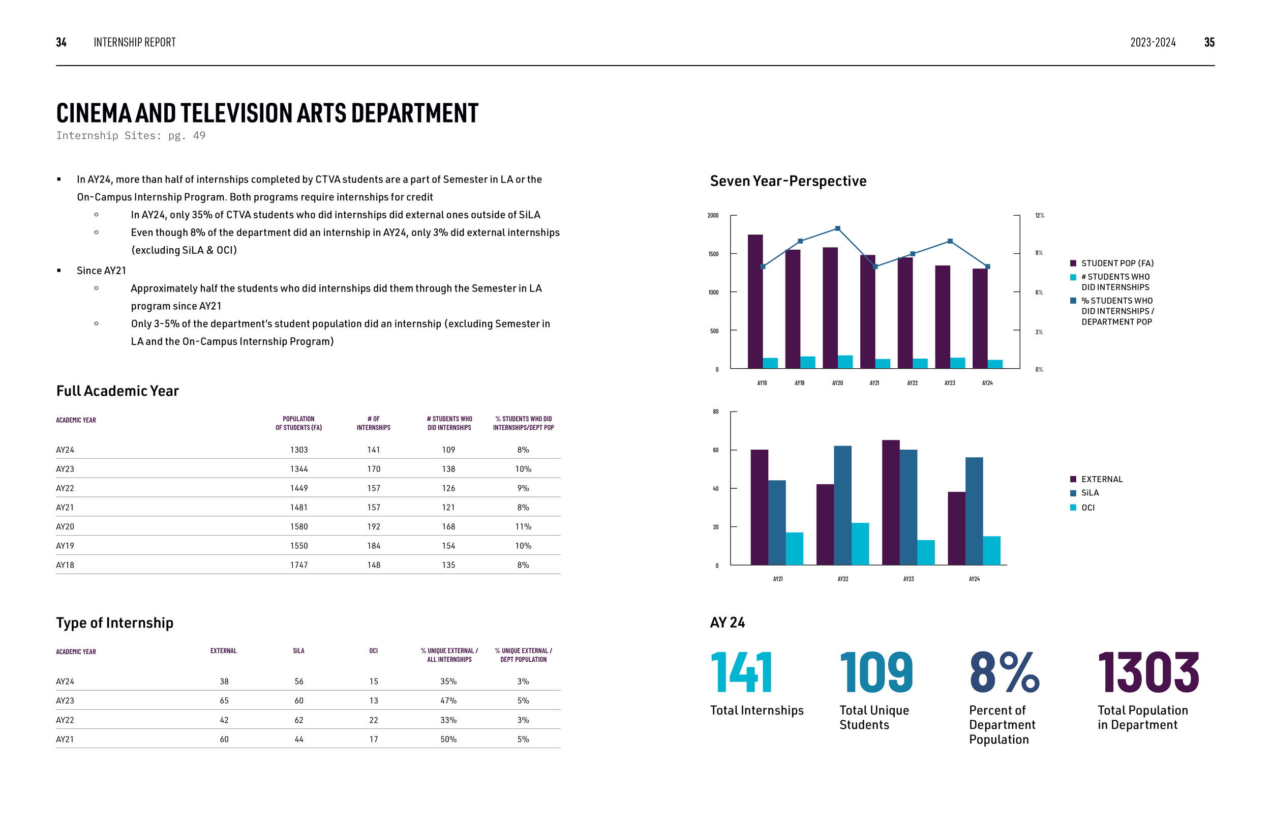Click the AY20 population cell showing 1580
pos(298,526)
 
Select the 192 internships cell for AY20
pos(373,526)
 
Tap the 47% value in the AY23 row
pos(448,700)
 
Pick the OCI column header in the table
pos(373,651)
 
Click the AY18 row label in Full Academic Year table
pos(65,565)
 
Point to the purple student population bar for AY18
pos(754,302)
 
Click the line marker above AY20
pos(837,229)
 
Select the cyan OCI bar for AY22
pos(860,544)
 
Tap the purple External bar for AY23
pos(890,503)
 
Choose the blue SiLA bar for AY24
pos(974,511)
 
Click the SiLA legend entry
pos(1089,493)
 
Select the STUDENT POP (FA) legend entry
pos(1116,263)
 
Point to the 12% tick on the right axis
pos(1039,215)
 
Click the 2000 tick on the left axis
pos(712,215)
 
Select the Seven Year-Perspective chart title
pos(788,181)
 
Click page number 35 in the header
pos(1209,42)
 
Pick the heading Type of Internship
pos(115,623)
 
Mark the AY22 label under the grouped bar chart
pos(843,579)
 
